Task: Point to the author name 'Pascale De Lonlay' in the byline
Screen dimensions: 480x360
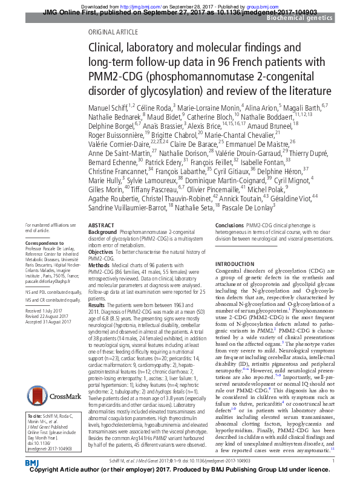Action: [x=245, y=207]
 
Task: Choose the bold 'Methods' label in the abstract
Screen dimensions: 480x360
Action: [x=99, y=265]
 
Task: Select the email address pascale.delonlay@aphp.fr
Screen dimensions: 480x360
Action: [x=51, y=282]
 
